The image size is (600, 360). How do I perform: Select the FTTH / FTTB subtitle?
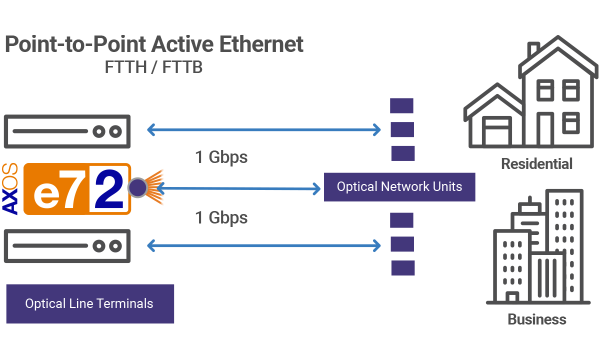click(153, 66)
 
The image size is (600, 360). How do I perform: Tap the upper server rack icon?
click(67, 131)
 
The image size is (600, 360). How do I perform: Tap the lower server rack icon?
click(67, 245)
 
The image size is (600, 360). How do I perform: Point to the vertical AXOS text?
click(10, 188)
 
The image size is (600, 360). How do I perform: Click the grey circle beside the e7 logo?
click(137, 188)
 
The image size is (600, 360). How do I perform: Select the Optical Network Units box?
click(399, 187)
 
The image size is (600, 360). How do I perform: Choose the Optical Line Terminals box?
click(89, 303)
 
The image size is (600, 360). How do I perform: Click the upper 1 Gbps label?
click(221, 157)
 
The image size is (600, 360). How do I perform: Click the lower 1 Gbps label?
click(221, 217)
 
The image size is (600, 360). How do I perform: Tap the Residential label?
click(536, 163)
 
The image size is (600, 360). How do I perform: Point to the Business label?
click(536, 318)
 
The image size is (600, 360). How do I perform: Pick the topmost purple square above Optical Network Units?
click(401, 105)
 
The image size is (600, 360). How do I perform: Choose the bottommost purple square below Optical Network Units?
click(402, 267)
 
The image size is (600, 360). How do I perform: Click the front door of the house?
click(544, 128)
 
